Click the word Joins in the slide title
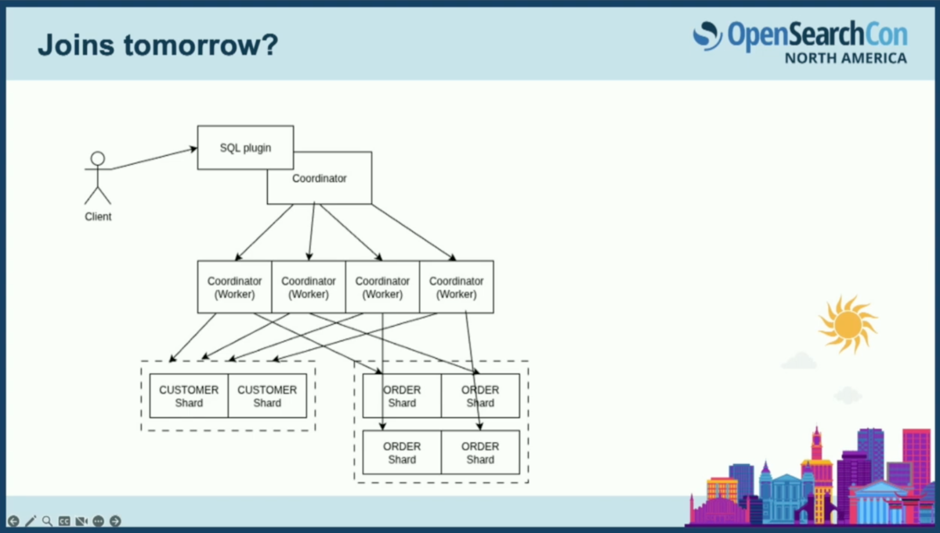coord(76,45)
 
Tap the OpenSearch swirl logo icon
coord(707,36)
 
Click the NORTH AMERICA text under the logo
coord(846,58)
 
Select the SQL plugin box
coord(245,147)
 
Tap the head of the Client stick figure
coord(98,158)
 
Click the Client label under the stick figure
coord(98,217)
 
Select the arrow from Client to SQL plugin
coord(154,158)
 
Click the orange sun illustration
coord(848,325)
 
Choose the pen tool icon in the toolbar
coord(31,520)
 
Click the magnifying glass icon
coord(47,520)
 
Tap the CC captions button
coord(64,520)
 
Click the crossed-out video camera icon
coord(81,520)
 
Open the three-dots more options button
coord(98,520)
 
